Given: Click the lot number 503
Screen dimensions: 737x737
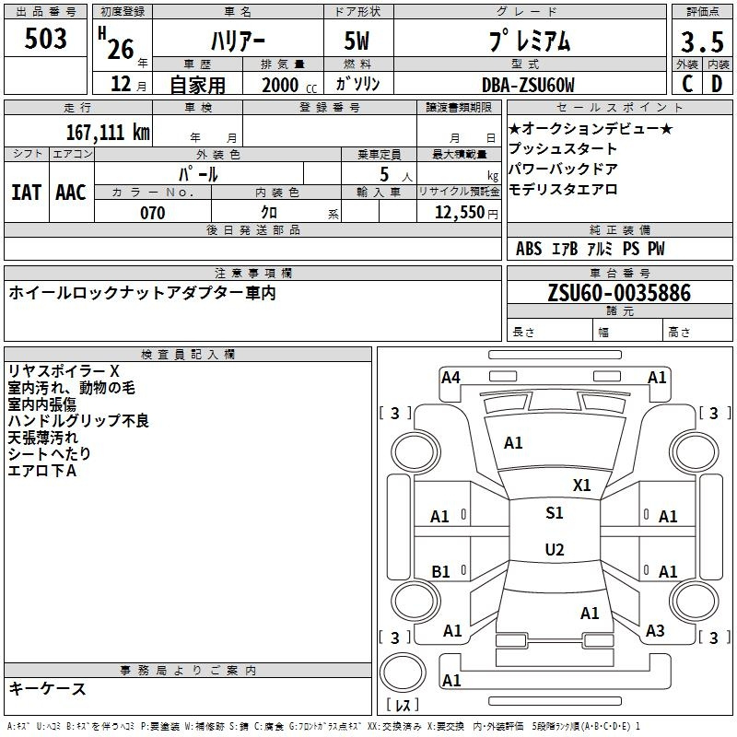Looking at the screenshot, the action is pos(45,39).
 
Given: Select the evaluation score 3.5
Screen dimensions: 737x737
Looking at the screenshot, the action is pos(702,42).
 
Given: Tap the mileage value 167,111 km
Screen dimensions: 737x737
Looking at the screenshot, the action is pos(108,133).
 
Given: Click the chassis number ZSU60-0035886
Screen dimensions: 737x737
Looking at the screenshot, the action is pos(619,293).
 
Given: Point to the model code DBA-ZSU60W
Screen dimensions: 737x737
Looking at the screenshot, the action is pos(528,85).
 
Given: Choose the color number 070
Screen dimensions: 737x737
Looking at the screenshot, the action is pos(152,213).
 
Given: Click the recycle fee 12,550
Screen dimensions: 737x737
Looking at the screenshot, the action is pos(460,213).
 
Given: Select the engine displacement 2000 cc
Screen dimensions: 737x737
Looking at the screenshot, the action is pos(289,85).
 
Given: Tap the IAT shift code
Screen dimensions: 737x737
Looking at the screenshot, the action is pos(27,193).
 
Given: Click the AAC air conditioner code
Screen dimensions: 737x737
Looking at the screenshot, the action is pos(71,193).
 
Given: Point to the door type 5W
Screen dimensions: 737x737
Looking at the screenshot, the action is pos(357,41).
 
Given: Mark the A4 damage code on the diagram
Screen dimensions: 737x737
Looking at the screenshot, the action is pos(450,378).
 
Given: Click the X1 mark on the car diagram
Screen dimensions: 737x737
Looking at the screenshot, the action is pos(581,485).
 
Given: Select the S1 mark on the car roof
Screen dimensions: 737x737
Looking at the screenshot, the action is pos(555,513).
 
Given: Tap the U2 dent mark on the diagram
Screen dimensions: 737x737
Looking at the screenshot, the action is pos(555,549).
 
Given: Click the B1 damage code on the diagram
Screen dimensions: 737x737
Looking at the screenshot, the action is pos(440,572).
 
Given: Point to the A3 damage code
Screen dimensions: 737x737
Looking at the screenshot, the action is pos(655,631).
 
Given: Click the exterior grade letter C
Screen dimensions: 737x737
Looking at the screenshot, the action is pos(687,84).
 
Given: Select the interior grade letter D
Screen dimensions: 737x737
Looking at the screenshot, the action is pos(717,84).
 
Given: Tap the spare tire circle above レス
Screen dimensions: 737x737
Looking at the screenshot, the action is pos(403,653).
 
